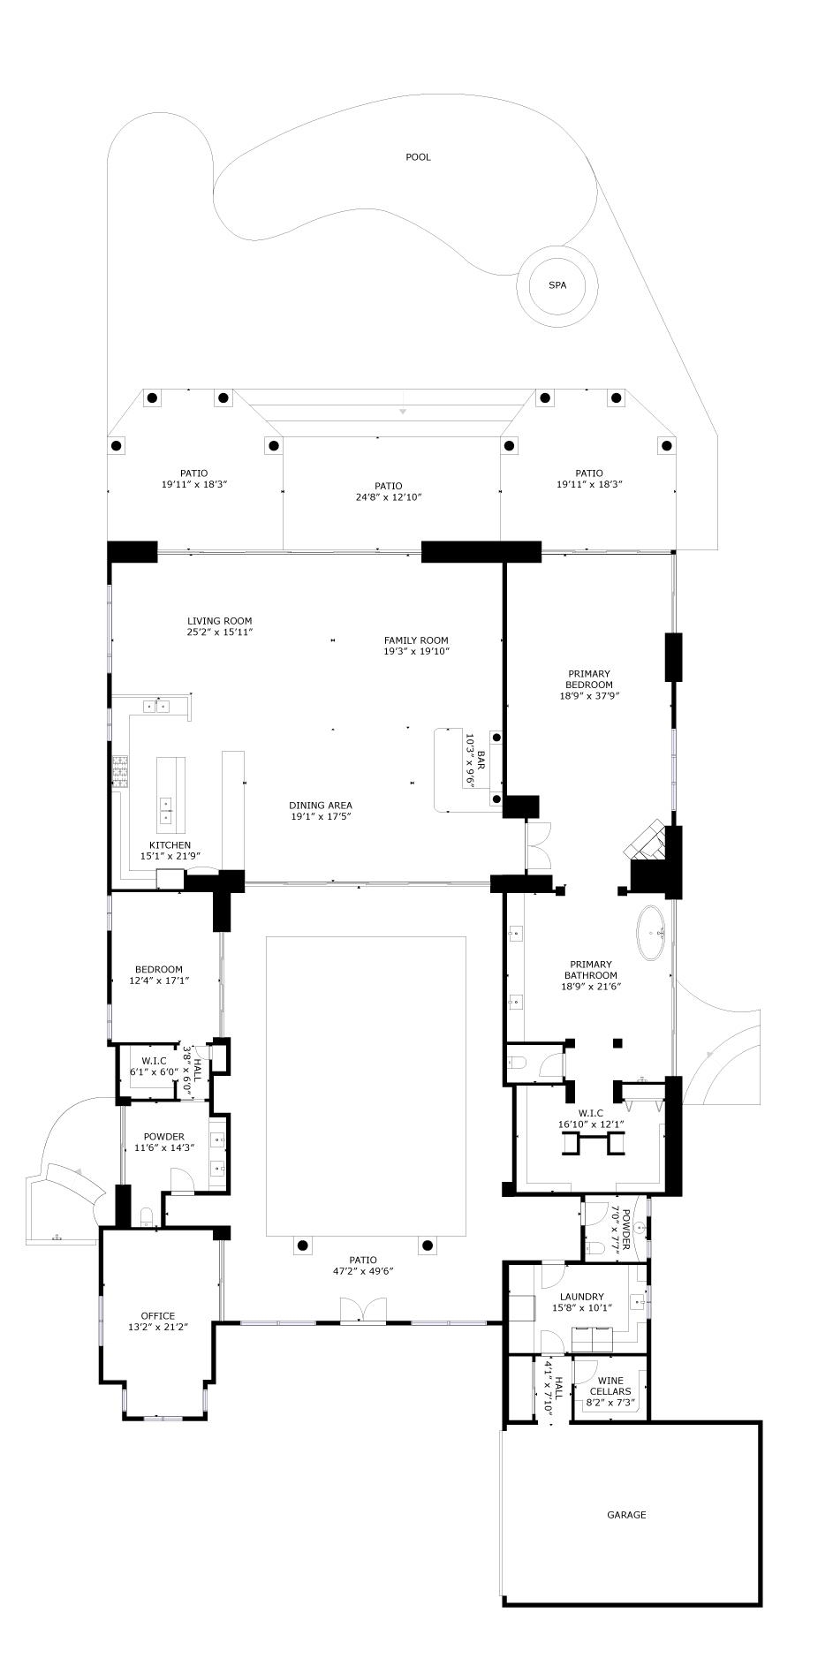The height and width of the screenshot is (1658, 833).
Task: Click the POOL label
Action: coord(418,157)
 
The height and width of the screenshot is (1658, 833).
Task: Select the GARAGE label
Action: coord(626,1514)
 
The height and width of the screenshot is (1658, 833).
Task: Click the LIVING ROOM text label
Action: coord(220,621)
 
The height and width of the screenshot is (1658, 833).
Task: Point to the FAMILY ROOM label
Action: coord(416,640)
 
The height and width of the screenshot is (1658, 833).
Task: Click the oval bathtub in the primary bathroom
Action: coord(655,932)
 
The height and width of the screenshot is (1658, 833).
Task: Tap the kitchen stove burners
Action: coord(120,771)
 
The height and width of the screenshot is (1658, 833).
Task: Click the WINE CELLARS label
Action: coord(610,1386)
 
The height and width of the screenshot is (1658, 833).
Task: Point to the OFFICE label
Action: coord(158,1315)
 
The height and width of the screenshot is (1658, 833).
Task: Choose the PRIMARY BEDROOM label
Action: coord(589,679)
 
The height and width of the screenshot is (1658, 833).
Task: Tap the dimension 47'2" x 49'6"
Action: coord(363,1271)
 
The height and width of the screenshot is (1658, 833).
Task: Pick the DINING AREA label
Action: coord(321,805)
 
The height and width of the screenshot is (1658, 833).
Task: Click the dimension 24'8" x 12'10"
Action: coord(388,497)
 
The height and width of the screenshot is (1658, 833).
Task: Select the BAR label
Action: coord(481,760)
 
